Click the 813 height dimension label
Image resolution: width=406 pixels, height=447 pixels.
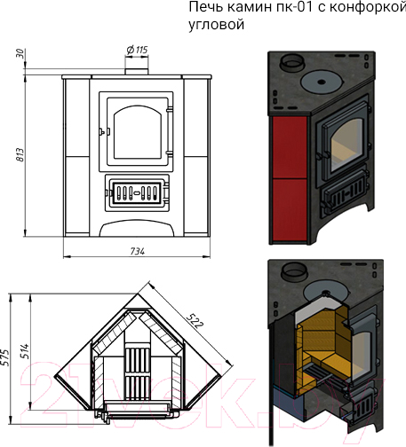[x=20, y=154]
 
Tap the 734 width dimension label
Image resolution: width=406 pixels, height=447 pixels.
[x=138, y=251]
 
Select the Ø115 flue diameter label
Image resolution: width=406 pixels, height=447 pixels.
[x=137, y=50]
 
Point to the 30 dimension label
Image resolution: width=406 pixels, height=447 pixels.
[x=20, y=53]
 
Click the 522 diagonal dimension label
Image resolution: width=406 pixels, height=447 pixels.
[x=195, y=321]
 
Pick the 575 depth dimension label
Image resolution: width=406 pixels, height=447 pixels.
[x=5, y=357]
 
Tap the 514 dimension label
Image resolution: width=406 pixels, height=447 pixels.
[x=25, y=351]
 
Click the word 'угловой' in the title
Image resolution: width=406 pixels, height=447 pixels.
[x=217, y=24]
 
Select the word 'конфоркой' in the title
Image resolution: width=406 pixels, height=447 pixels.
[x=368, y=7]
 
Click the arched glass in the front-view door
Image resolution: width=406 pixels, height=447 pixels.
[x=138, y=132]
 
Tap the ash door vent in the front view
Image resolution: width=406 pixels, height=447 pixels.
[x=137, y=192]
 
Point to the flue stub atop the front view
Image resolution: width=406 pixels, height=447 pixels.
[x=136, y=72]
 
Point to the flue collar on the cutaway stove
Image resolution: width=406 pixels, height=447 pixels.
[x=291, y=271]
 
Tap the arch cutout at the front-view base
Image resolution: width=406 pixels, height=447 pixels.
[x=137, y=228]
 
